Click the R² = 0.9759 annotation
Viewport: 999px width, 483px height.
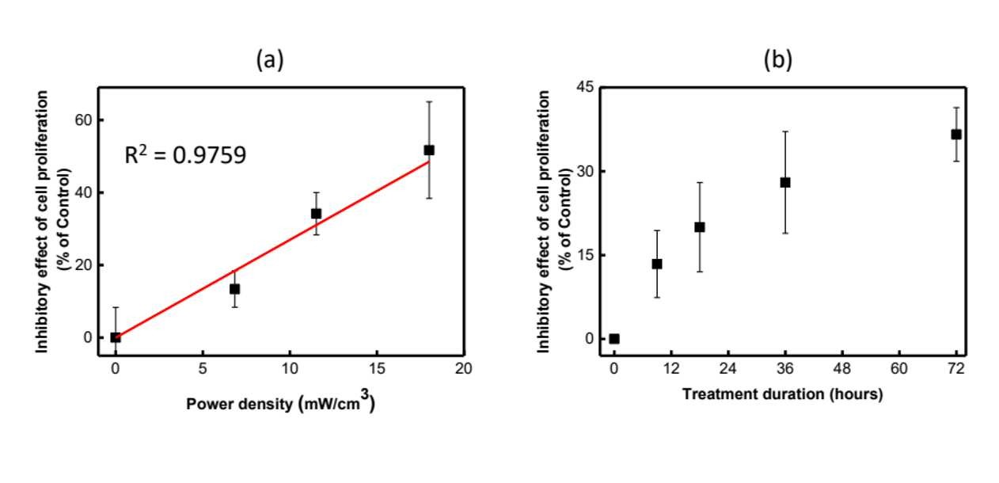[x=185, y=155]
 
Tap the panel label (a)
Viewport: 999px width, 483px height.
[x=270, y=59]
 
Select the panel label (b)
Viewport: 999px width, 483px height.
[x=778, y=59]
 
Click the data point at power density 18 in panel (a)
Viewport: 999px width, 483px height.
[x=429, y=150]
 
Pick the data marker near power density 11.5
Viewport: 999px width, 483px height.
[x=316, y=214]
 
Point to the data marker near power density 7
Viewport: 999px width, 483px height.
[x=234, y=289]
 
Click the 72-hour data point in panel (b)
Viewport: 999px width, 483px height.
[x=956, y=135]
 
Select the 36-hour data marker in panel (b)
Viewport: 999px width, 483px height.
[x=785, y=182]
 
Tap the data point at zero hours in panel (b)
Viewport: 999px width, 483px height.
[x=614, y=339]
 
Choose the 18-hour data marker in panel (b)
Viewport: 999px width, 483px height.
[x=700, y=227]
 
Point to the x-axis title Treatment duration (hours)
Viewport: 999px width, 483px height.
[x=783, y=394]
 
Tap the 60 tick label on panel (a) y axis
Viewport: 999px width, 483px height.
[x=83, y=120]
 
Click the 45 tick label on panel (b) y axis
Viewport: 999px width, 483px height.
[x=586, y=87]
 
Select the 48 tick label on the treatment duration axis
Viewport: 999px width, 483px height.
[x=842, y=368]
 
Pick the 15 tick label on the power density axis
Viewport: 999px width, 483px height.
[x=377, y=368]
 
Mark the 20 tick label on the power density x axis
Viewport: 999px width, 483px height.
[x=464, y=368]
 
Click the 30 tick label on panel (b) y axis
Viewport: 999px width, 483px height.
[x=586, y=171]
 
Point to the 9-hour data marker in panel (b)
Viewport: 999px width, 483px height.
[x=657, y=264]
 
